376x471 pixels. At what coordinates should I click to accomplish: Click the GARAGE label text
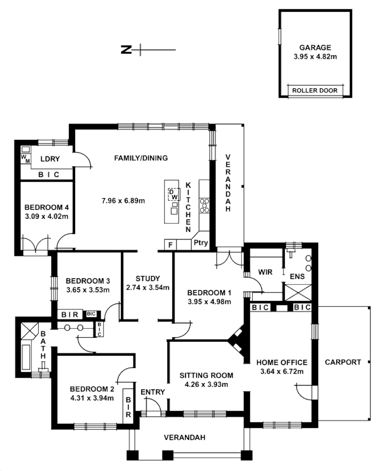[x=315, y=48]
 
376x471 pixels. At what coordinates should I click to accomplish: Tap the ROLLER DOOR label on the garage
[x=315, y=91]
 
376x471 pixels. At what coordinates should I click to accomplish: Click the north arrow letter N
[x=126, y=49]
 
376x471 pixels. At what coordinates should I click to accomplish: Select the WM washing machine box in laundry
[x=25, y=159]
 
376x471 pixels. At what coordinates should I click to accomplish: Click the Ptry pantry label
[x=200, y=243]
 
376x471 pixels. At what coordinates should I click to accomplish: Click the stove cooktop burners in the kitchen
[x=204, y=205]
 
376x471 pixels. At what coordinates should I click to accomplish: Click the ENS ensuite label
[x=297, y=276]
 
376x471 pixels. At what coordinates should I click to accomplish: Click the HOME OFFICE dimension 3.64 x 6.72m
[x=282, y=371]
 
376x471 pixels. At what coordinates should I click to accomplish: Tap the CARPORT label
[x=343, y=362]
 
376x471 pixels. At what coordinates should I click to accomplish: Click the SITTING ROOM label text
[x=206, y=375]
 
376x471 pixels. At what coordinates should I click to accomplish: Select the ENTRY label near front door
[x=152, y=391]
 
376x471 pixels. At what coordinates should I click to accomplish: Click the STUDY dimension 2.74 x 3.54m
[x=148, y=287]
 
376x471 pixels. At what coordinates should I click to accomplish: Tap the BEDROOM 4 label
[x=46, y=207]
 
